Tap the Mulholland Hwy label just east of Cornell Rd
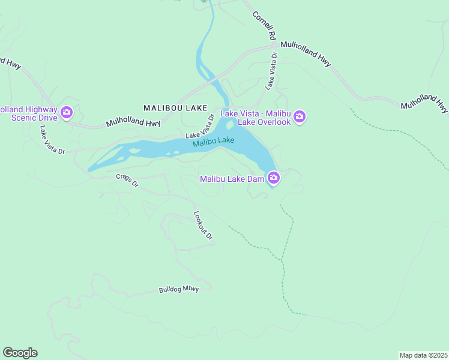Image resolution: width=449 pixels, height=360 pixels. [306, 53]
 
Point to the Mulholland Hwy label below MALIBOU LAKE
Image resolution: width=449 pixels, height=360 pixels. [133, 122]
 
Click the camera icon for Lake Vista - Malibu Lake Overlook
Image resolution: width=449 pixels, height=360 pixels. [300, 116]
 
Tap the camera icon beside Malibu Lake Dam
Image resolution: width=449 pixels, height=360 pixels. [273, 178]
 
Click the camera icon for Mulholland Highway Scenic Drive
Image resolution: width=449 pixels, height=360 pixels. [67, 112]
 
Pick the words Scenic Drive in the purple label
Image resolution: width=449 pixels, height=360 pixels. [34, 118]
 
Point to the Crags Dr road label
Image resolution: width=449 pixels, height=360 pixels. [127, 180]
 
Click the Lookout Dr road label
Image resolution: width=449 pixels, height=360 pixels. [203, 225]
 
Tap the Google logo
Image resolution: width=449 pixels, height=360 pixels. [20, 353]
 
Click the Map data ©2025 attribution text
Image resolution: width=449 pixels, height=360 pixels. [423, 355]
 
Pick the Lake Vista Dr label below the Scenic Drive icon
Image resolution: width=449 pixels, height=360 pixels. [52, 140]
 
